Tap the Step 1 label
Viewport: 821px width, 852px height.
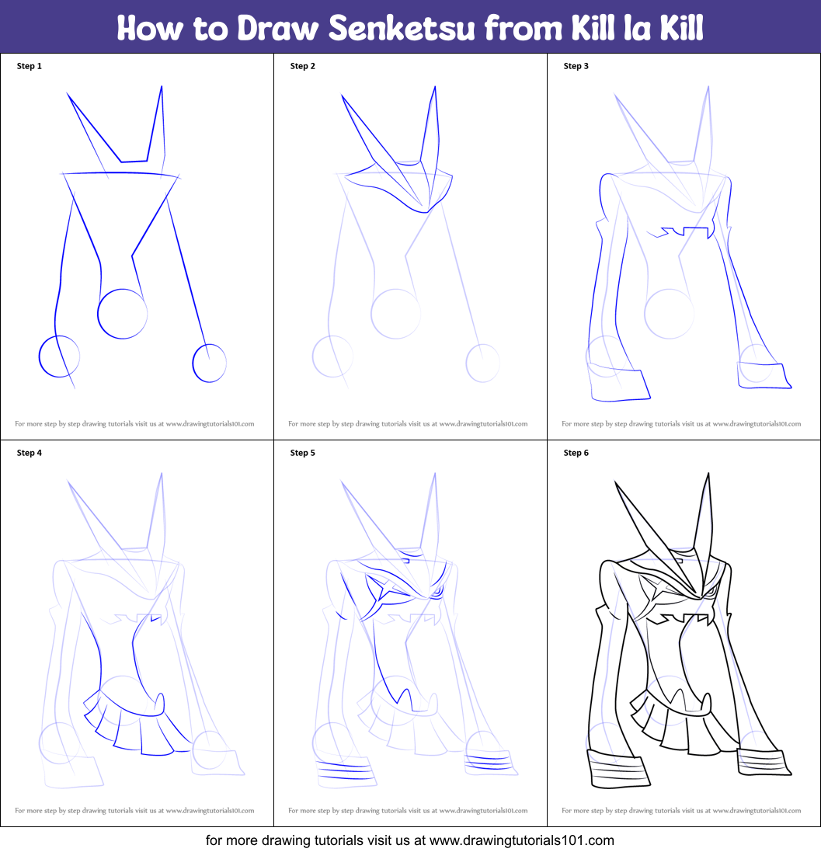tap(30, 66)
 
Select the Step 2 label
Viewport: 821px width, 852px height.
tap(303, 66)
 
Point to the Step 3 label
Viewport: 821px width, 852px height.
tap(576, 66)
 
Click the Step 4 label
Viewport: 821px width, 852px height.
tap(30, 453)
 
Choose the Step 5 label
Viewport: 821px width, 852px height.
tap(303, 453)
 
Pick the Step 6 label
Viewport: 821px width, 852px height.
tap(576, 453)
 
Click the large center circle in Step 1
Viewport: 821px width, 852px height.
tap(122, 314)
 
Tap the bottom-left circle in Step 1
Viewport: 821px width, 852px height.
tap(59, 356)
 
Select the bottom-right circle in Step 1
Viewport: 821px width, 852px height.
tap(209, 363)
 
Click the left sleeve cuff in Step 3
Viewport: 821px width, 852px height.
tap(618, 382)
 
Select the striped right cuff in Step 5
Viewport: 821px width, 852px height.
tap(488, 761)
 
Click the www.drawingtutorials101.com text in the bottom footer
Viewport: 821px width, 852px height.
tap(521, 840)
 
